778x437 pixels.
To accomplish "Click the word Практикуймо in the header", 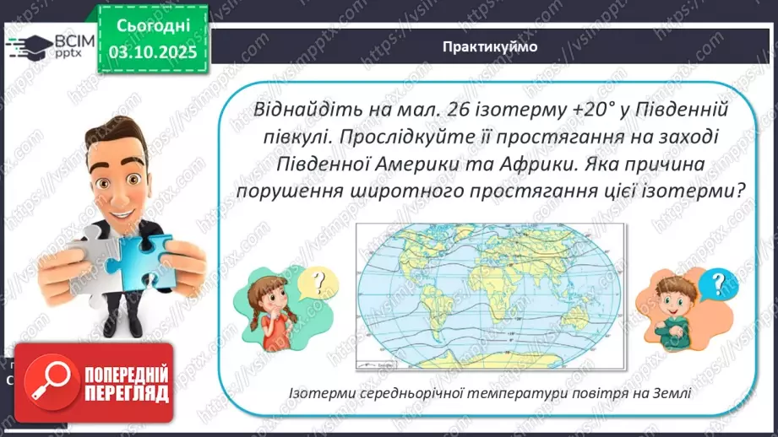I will click(489, 47).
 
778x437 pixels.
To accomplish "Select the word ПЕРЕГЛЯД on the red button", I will click(118, 392).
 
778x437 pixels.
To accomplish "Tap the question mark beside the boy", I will click(717, 281).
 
